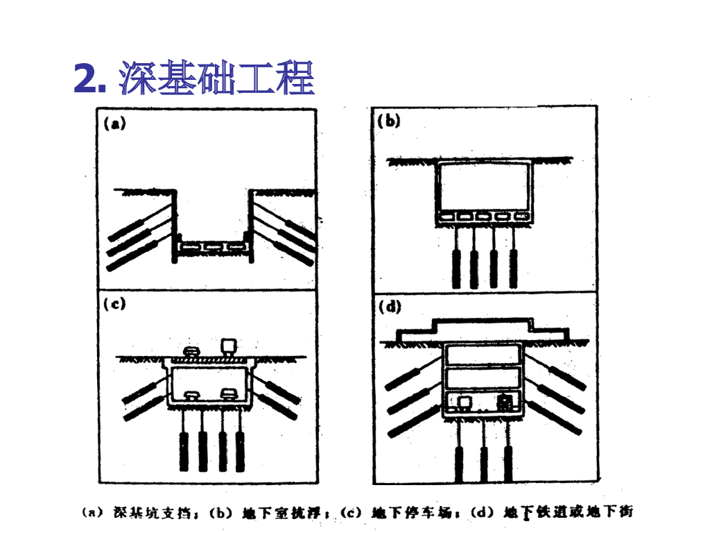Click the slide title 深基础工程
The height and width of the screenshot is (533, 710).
tap(217, 78)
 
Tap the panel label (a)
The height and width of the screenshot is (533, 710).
tap(113, 125)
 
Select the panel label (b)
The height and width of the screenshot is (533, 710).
tap(389, 121)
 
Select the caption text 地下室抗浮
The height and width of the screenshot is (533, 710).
tap(285, 514)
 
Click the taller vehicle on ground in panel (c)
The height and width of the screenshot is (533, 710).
tap(227, 346)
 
